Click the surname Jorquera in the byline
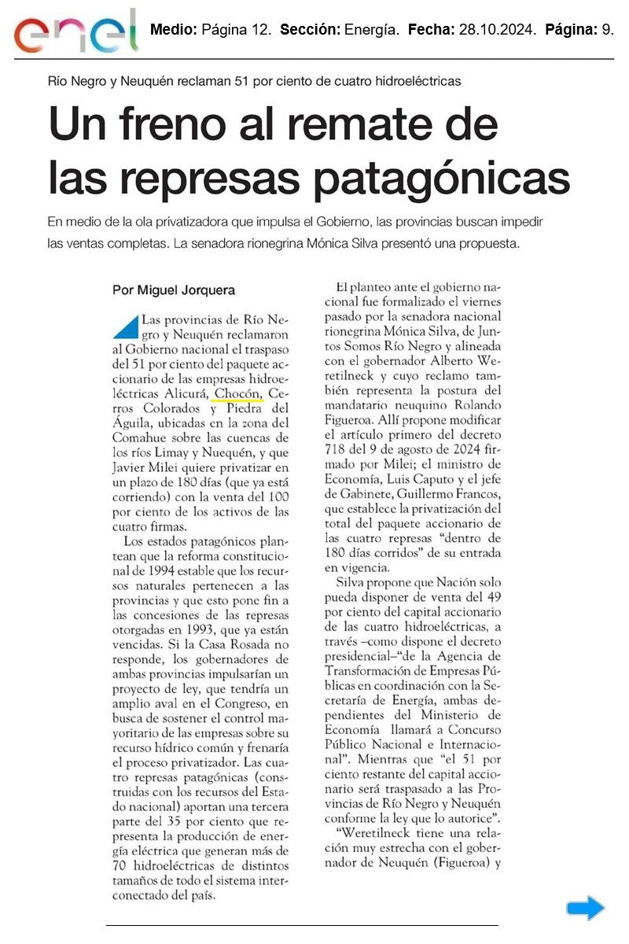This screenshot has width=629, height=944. pyautogui.click(x=204, y=290)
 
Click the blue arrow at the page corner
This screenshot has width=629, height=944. pyautogui.click(x=586, y=909)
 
